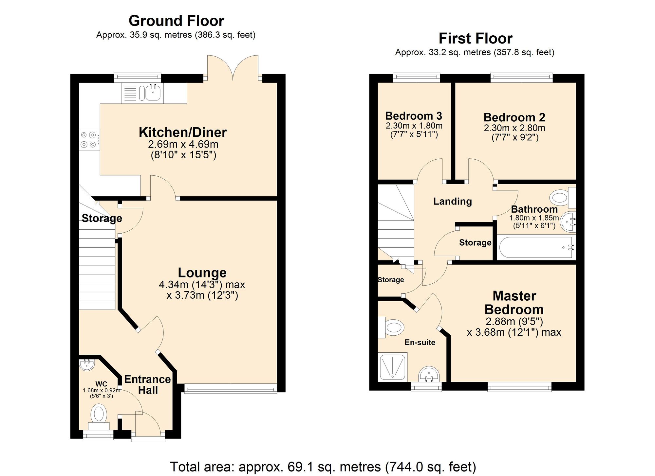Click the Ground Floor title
pos(176,21)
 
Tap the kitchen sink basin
pos(153,93)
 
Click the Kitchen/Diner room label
pos(183,132)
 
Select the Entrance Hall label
pos(148,385)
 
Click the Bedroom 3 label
pos(413,116)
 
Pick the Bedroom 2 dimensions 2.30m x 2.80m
pos(515,128)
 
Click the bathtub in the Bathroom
pos(536,248)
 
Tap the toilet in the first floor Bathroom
pos(560,198)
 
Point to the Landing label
pos(452,201)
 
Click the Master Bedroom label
pos(514,303)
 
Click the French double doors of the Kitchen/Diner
pos(233,69)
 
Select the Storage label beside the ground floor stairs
pos(102,218)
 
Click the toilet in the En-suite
pos(392,328)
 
